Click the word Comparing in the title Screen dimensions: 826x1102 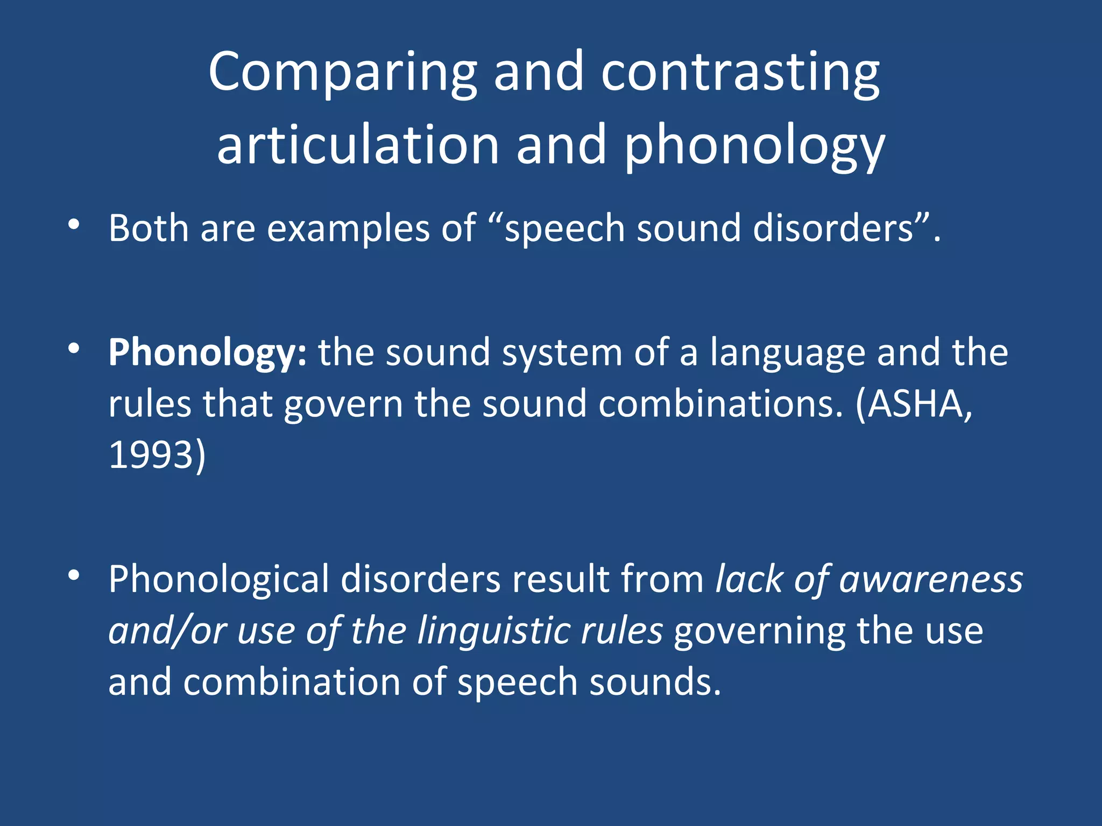click(342, 73)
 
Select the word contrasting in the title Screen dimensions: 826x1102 click(740, 73)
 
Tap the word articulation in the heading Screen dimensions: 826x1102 click(358, 145)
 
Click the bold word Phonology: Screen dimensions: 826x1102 click(207, 353)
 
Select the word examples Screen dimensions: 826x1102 click(348, 228)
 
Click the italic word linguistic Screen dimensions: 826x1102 click(493, 631)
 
